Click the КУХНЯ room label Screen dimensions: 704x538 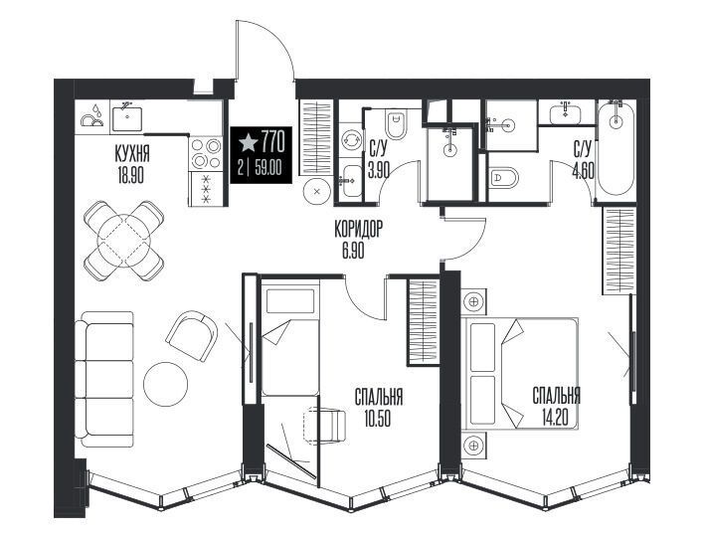point(132,155)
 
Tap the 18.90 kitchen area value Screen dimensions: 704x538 point(130,176)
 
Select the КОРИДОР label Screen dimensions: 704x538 point(358,230)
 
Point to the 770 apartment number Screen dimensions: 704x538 point(273,141)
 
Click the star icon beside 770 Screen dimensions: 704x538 point(249,142)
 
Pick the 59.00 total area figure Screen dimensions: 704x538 point(268,168)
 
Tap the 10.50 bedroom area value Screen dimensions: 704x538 point(378,419)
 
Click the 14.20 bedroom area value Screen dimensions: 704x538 point(556,418)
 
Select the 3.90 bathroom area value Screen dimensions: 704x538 point(379,171)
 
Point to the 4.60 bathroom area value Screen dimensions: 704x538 point(584,171)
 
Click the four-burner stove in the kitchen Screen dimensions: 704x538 point(206,153)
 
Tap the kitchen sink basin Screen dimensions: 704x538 point(127,117)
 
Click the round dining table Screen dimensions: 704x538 point(124,241)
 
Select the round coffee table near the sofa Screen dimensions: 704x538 point(165,384)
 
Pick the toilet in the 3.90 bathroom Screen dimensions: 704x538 point(396,125)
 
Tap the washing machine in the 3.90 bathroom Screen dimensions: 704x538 point(351,139)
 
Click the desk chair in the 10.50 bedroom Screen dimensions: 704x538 point(325,426)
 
